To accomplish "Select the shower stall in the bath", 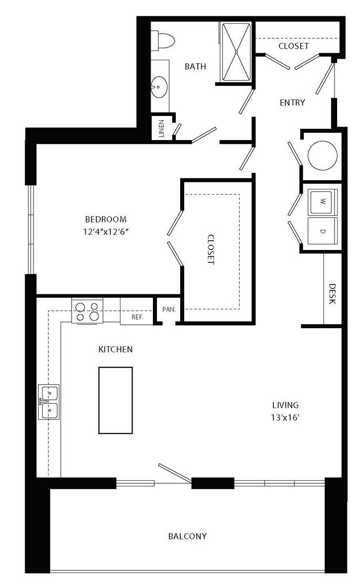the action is pyautogui.click(x=236, y=52).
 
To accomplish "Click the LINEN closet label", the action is pyautogui.click(x=161, y=129).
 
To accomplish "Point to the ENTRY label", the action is pyautogui.click(x=292, y=102).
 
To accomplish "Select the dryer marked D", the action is pyautogui.click(x=322, y=231).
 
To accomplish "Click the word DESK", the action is pyautogui.click(x=332, y=294).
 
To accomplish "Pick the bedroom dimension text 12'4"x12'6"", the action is pyautogui.click(x=107, y=232).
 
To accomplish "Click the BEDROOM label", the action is pyautogui.click(x=106, y=219).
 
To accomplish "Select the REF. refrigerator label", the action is pyautogui.click(x=138, y=317).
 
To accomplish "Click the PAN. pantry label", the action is pyautogui.click(x=169, y=309).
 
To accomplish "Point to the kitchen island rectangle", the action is pyautogui.click(x=116, y=400).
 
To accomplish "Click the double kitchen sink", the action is pyautogui.click(x=49, y=402).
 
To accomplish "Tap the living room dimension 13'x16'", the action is pyautogui.click(x=285, y=417).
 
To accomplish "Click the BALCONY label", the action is pyautogui.click(x=188, y=536).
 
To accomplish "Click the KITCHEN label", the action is pyautogui.click(x=116, y=349).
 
